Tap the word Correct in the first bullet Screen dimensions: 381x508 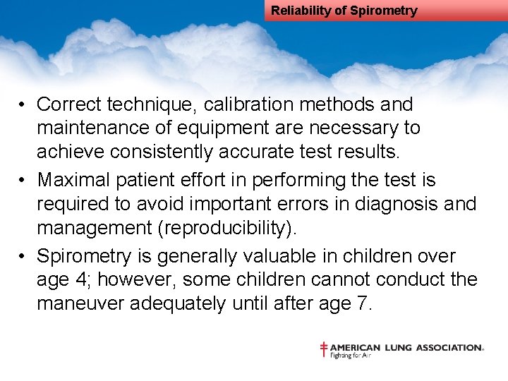68,104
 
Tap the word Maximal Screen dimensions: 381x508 71,181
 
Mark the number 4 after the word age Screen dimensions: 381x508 83,280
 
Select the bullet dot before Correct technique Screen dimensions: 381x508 23,105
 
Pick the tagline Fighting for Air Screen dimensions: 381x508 351,356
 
